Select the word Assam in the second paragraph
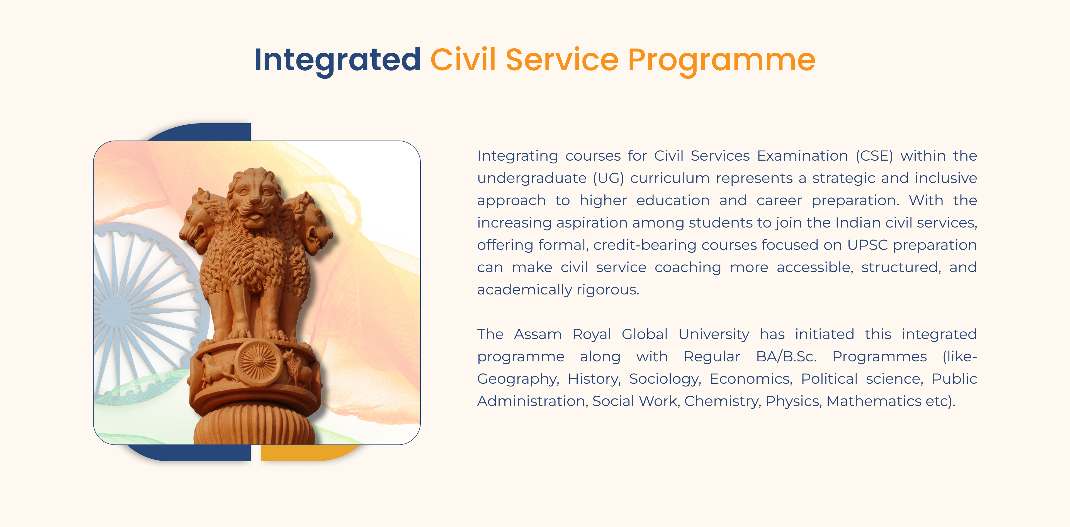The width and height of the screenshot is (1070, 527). coord(538,334)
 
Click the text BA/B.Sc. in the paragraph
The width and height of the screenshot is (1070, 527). coord(786,357)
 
